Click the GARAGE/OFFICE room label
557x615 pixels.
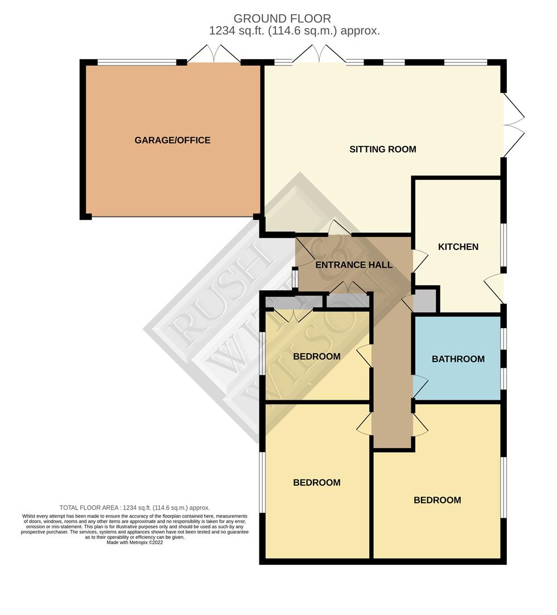pos(172,140)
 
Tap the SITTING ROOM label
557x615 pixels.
pos(382,149)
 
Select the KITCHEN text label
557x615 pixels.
pos(458,247)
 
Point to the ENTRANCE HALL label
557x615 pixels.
pos(353,265)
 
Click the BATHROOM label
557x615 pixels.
pos(458,359)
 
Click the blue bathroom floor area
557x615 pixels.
pos(458,376)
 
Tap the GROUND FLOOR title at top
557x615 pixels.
pos(282,18)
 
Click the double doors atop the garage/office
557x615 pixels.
pos(213,54)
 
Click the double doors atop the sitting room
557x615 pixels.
pos(319,54)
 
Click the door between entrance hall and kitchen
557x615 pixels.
pos(419,261)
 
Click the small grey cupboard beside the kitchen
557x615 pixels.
pos(426,301)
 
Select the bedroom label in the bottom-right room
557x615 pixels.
pos(437,500)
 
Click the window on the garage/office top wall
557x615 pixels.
pos(137,62)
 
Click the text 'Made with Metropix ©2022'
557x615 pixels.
pos(134,543)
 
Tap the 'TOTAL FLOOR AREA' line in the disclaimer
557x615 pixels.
pos(134,507)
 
